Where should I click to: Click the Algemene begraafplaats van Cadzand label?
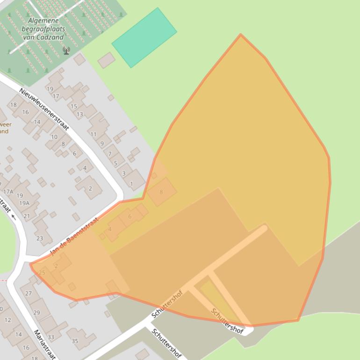(x=43, y=29)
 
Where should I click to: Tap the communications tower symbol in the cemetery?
(x=66, y=50)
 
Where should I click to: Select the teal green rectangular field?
(x=144, y=37)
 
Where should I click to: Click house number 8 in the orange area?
(x=161, y=192)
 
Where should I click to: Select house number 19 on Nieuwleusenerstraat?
(x=50, y=89)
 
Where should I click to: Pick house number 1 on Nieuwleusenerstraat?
(x=131, y=184)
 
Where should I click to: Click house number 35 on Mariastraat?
(x=75, y=341)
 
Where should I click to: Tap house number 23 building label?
(x=39, y=238)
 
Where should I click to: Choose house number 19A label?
(x=24, y=203)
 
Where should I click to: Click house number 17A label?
(x=8, y=192)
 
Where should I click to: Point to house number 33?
(x=50, y=337)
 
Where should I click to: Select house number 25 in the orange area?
(x=42, y=273)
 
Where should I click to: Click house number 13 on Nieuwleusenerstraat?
(x=80, y=114)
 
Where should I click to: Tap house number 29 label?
(x=36, y=312)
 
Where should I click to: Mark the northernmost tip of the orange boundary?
(x=241, y=35)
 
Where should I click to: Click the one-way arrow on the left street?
(x=13, y=217)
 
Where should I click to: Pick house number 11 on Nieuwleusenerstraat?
(x=94, y=134)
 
